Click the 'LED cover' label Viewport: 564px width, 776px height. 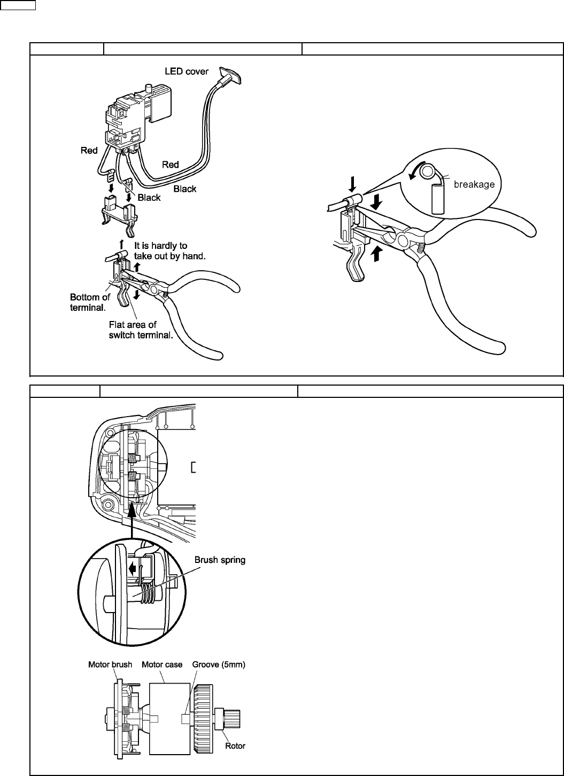point(187,72)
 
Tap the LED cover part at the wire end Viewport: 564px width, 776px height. point(230,75)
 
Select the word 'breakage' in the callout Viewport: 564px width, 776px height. point(474,184)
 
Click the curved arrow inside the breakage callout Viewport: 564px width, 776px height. point(415,171)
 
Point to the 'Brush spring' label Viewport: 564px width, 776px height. point(220,560)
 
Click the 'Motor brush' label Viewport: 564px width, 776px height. point(110,664)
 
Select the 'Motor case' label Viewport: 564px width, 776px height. point(162,664)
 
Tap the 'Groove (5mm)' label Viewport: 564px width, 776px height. point(219,664)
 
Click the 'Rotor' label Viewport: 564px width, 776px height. point(235,746)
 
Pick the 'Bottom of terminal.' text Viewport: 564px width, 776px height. point(90,302)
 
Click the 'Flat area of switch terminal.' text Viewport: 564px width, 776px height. point(141,330)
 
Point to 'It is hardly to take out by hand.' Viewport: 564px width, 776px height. point(170,251)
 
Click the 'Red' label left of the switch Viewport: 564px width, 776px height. point(89,151)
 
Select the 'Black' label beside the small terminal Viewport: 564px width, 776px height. point(149,198)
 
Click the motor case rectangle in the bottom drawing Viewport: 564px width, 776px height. point(169,718)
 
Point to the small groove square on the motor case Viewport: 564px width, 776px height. point(186,719)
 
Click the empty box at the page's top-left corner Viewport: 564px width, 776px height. point(18,5)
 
